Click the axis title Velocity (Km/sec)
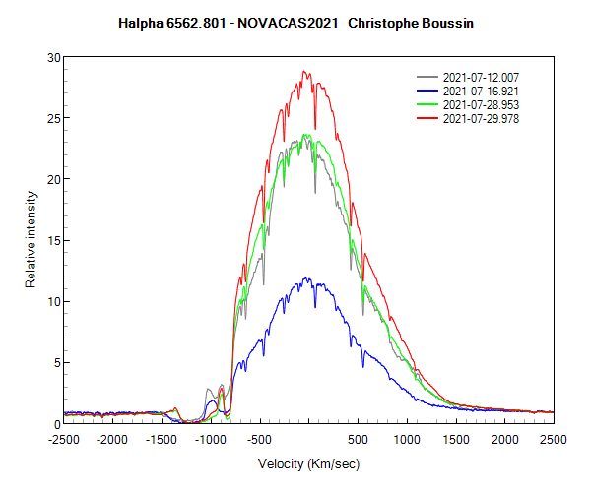coord(308,462)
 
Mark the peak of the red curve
coord(304,71)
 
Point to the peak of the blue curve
coord(306,278)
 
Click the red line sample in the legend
coord(427,118)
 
